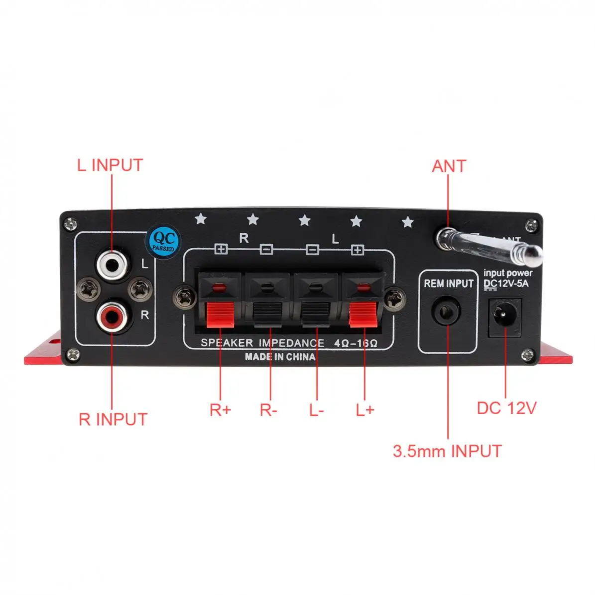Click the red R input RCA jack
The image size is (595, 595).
[x=111, y=317]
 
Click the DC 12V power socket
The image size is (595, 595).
[x=506, y=315]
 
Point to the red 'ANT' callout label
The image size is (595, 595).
[x=449, y=166]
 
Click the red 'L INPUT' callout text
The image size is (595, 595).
[x=110, y=165]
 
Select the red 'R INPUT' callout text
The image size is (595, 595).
[x=113, y=419]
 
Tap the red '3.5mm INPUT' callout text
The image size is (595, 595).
[x=447, y=451]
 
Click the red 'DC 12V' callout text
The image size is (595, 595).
[x=506, y=408]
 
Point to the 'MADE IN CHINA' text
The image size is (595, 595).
[x=280, y=357]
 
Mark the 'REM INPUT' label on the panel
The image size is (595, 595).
[x=448, y=283]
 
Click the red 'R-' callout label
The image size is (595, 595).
[x=268, y=410]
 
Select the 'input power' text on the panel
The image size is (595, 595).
[x=508, y=273]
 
